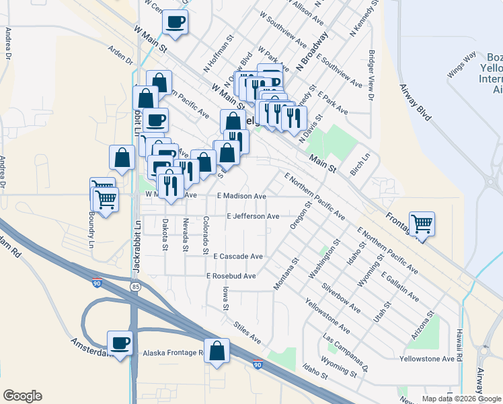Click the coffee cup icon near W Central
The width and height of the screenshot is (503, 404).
175,22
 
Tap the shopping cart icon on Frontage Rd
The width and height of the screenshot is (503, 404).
422,224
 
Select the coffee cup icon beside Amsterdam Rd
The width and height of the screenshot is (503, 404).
120,343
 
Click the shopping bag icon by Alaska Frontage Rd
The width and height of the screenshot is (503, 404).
217,351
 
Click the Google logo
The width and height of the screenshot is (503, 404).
22,396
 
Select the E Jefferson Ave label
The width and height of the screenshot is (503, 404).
253,217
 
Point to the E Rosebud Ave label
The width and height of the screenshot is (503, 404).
231,276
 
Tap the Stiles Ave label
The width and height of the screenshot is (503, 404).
247,333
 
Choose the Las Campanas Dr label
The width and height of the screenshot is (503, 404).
346,352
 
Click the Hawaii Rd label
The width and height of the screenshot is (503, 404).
460,340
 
